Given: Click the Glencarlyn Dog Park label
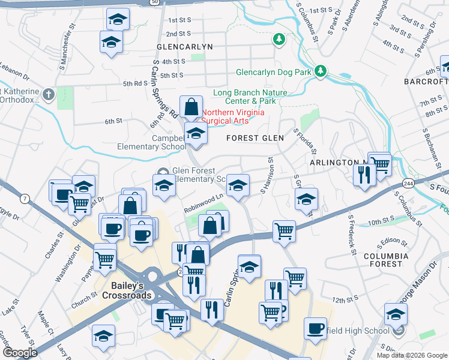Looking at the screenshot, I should (x=273, y=72).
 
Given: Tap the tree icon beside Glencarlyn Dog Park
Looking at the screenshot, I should (x=321, y=71).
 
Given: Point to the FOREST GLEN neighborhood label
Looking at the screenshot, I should (x=255, y=138).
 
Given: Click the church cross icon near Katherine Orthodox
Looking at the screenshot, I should (x=49, y=95).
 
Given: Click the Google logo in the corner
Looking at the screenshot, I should (x=19, y=353).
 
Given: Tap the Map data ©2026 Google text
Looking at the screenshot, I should (x=412, y=355).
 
